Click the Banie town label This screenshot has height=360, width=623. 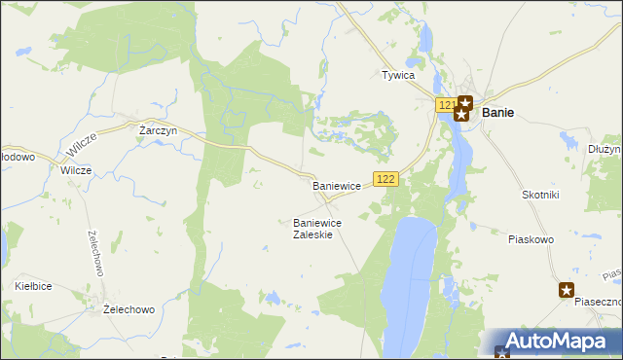[x=497, y=112]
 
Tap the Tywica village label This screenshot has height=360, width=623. [x=398, y=75]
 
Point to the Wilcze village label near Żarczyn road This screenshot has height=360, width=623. [x=76, y=169]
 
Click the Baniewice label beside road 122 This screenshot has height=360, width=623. [x=337, y=185]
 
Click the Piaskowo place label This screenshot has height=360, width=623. [x=531, y=238]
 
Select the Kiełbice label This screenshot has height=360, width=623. [x=33, y=286]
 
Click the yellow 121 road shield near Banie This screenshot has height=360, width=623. [x=446, y=104]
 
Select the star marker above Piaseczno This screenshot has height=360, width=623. [x=567, y=289]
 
